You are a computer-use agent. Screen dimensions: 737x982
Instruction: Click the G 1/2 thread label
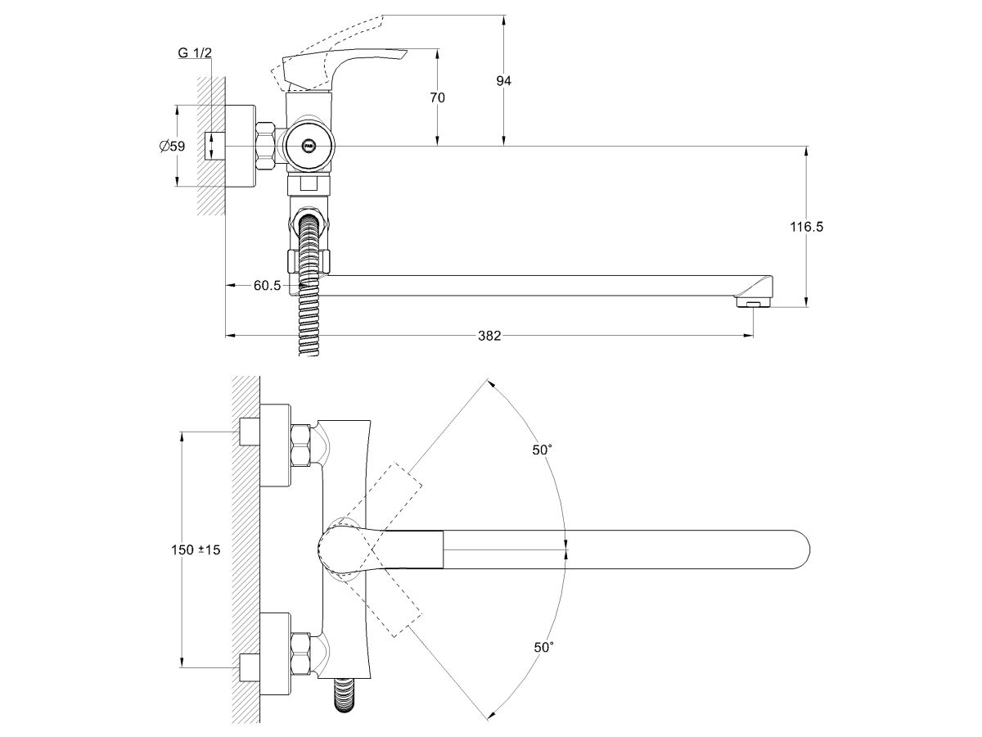click(195, 53)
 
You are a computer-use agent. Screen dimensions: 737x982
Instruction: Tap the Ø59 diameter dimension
click(172, 146)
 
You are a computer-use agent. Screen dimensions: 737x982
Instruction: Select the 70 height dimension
click(437, 97)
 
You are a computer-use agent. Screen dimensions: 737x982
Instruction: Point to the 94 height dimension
click(504, 80)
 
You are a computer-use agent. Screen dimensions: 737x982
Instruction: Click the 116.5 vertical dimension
click(807, 227)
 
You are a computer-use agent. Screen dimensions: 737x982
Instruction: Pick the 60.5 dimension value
click(268, 285)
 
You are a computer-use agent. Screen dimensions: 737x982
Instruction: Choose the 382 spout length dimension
click(489, 335)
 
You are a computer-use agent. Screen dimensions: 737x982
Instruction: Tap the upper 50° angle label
click(542, 450)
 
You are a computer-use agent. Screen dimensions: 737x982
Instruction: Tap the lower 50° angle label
click(543, 647)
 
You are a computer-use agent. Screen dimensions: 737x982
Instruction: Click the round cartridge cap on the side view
click(309, 147)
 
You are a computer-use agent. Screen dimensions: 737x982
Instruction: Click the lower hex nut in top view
click(300, 653)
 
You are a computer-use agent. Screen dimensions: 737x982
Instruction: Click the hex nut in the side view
click(267, 147)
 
